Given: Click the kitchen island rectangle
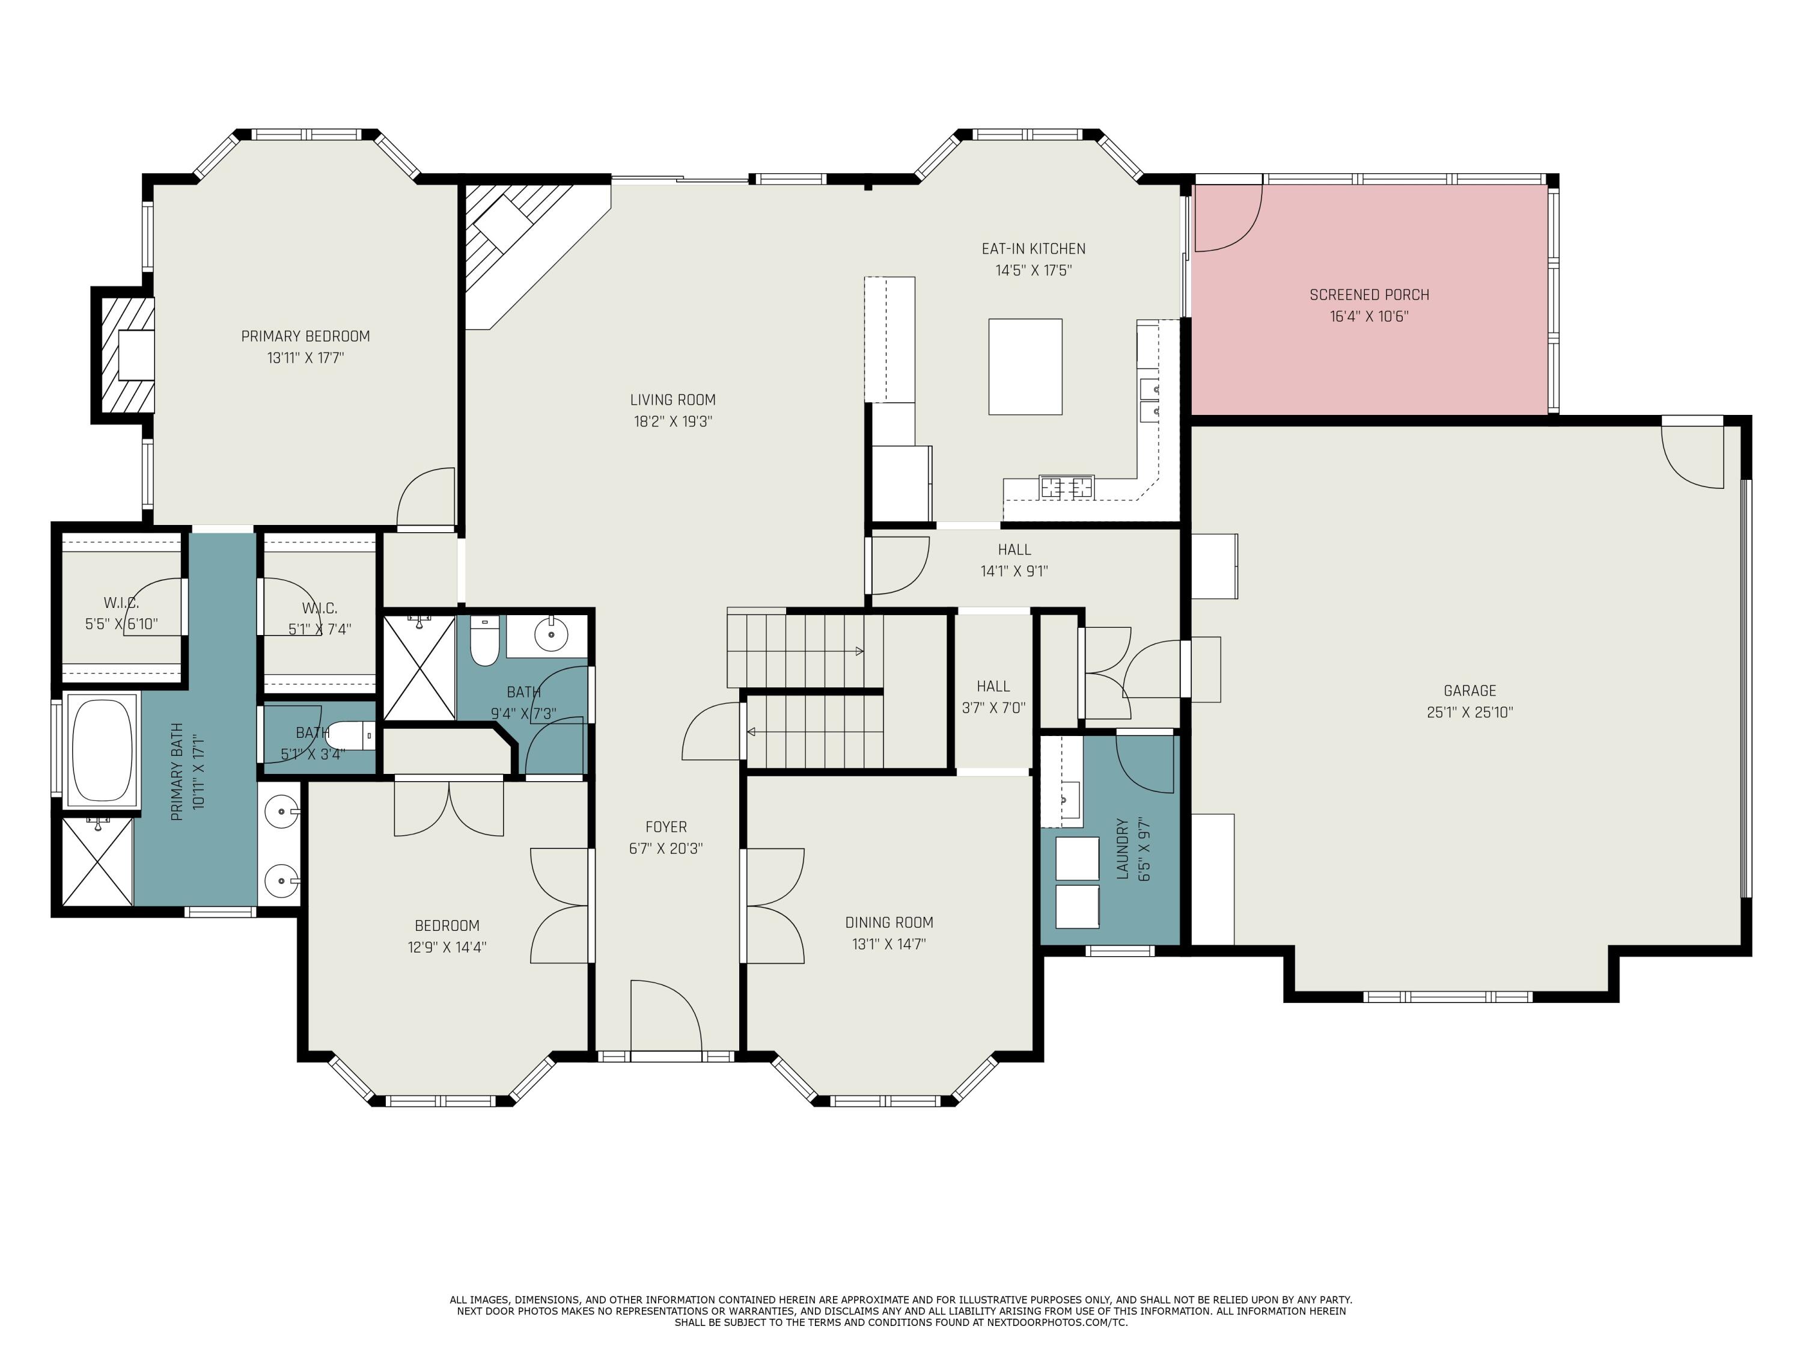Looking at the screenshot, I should (x=1025, y=366).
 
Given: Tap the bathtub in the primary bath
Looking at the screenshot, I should (x=102, y=749).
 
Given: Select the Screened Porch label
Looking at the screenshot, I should (x=1368, y=295).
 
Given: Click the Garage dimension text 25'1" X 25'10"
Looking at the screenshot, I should (x=1469, y=712).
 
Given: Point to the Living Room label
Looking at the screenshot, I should (x=673, y=400).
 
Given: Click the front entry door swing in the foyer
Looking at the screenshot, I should (x=664, y=1016).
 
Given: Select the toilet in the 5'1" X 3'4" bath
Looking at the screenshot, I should (x=353, y=735).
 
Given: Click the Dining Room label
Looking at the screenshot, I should (x=888, y=922).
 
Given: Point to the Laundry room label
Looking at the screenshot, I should (x=1123, y=848).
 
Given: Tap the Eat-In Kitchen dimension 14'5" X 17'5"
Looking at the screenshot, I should (x=1033, y=270).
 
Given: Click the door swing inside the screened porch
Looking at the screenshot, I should (x=1227, y=218).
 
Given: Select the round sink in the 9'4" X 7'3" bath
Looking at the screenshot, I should (x=551, y=634).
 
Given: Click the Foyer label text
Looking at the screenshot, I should (x=665, y=827).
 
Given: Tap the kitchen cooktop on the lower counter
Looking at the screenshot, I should (x=1066, y=488).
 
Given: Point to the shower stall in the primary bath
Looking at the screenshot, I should (x=97, y=861).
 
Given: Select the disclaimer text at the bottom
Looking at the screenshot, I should (x=901, y=1310).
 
